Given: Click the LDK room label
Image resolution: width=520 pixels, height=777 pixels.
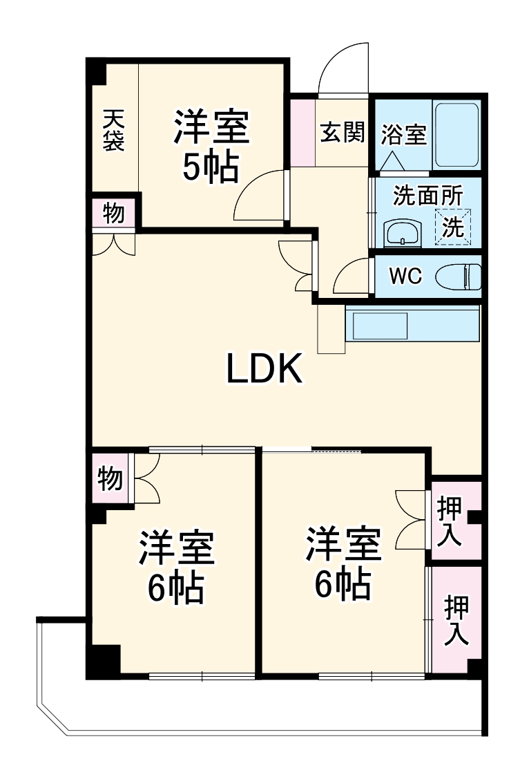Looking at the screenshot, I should (x=264, y=370).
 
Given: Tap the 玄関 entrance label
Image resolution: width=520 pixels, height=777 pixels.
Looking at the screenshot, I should (x=341, y=131).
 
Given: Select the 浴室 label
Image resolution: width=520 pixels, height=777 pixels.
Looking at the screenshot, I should (x=404, y=134).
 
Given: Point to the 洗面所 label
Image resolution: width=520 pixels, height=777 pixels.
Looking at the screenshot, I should (x=427, y=196).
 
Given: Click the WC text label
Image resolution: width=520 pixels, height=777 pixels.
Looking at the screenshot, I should (x=405, y=277).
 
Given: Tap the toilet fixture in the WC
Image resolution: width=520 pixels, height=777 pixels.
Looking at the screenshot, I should (x=459, y=277).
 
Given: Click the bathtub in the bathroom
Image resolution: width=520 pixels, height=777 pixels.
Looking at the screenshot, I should (x=456, y=134).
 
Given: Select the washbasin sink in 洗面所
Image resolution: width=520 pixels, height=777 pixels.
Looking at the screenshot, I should (x=402, y=233).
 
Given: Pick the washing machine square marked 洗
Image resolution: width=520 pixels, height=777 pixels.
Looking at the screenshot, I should (x=452, y=227).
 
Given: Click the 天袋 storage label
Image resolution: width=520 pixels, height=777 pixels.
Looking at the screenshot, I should (x=113, y=131).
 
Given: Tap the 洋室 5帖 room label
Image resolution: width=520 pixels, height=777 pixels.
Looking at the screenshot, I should (x=211, y=146).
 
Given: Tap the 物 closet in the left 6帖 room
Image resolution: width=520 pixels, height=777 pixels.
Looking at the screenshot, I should (x=110, y=477).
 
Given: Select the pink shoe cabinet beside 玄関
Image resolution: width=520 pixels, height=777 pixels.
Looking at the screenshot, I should (x=302, y=132).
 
